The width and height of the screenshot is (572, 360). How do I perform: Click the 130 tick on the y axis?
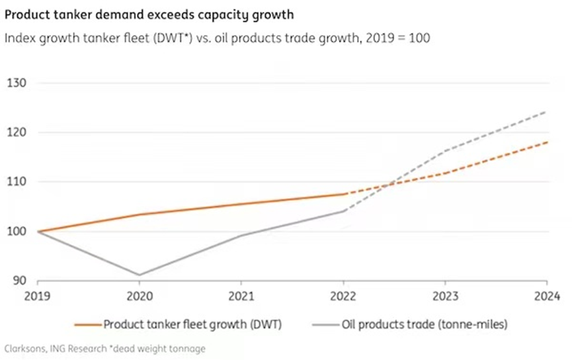[x=16, y=83]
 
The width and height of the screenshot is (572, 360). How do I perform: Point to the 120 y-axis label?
[x=16, y=132]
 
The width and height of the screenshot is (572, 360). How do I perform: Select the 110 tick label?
[x=16, y=181]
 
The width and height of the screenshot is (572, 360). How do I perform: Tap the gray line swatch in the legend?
[x=323, y=324]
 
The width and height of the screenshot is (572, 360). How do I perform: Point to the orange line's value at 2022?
[x=344, y=194]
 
